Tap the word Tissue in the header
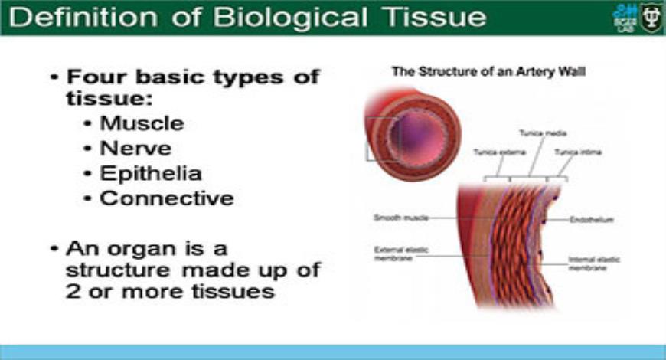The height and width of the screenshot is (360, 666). (x=439, y=17)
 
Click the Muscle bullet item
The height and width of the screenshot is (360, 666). (x=142, y=123)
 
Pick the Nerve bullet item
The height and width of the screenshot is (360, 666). (x=135, y=147)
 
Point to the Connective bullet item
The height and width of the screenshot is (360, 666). (x=166, y=198)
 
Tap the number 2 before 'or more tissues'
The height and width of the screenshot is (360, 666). (x=73, y=292)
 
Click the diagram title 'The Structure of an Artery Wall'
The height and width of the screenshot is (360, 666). (x=489, y=72)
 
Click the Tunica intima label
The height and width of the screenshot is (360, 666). (x=578, y=152)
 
